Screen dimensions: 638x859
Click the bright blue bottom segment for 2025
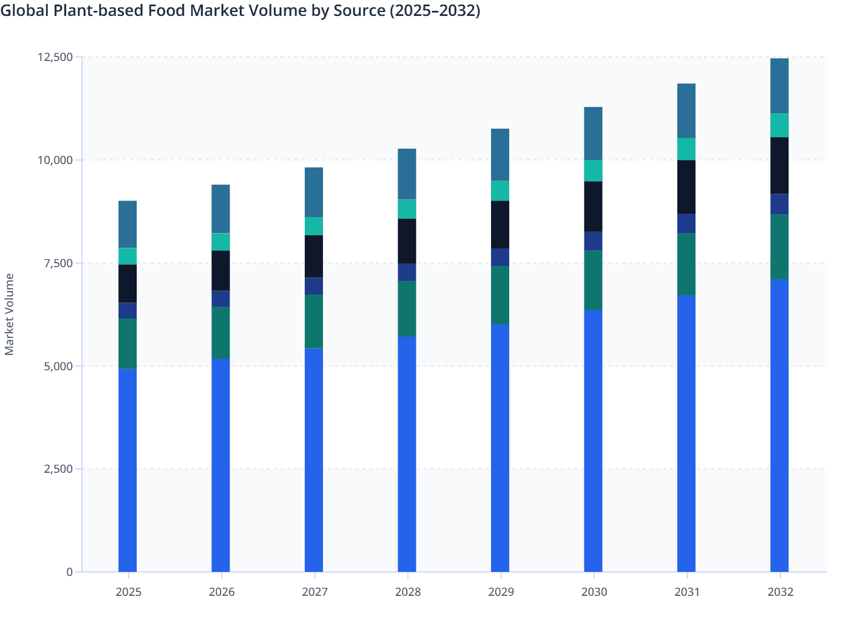coord(128,470)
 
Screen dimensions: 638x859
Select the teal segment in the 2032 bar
coord(779,125)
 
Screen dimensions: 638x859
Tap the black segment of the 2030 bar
coord(593,206)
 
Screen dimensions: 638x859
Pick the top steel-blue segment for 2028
coord(407,174)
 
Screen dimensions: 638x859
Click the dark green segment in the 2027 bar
coord(314,321)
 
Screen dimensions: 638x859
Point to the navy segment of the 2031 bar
coord(686,223)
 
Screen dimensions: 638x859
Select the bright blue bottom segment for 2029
coord(500,448)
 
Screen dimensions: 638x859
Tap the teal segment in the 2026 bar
coord(220,242)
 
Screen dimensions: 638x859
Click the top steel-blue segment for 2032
coord(779,86)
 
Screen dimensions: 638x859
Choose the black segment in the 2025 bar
coord(128,284)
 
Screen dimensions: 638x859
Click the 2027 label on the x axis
coord(314,592)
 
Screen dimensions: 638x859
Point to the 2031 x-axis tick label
coord(687,592)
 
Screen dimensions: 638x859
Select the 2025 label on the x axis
coord(128,592)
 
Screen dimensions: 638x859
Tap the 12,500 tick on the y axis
coord(55,57)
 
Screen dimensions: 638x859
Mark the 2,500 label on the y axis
coord(58,469)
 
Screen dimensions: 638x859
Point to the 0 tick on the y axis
coord(69,572)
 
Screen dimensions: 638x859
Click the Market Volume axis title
coord(10,314)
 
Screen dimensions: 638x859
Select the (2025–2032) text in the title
coord(435,10)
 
